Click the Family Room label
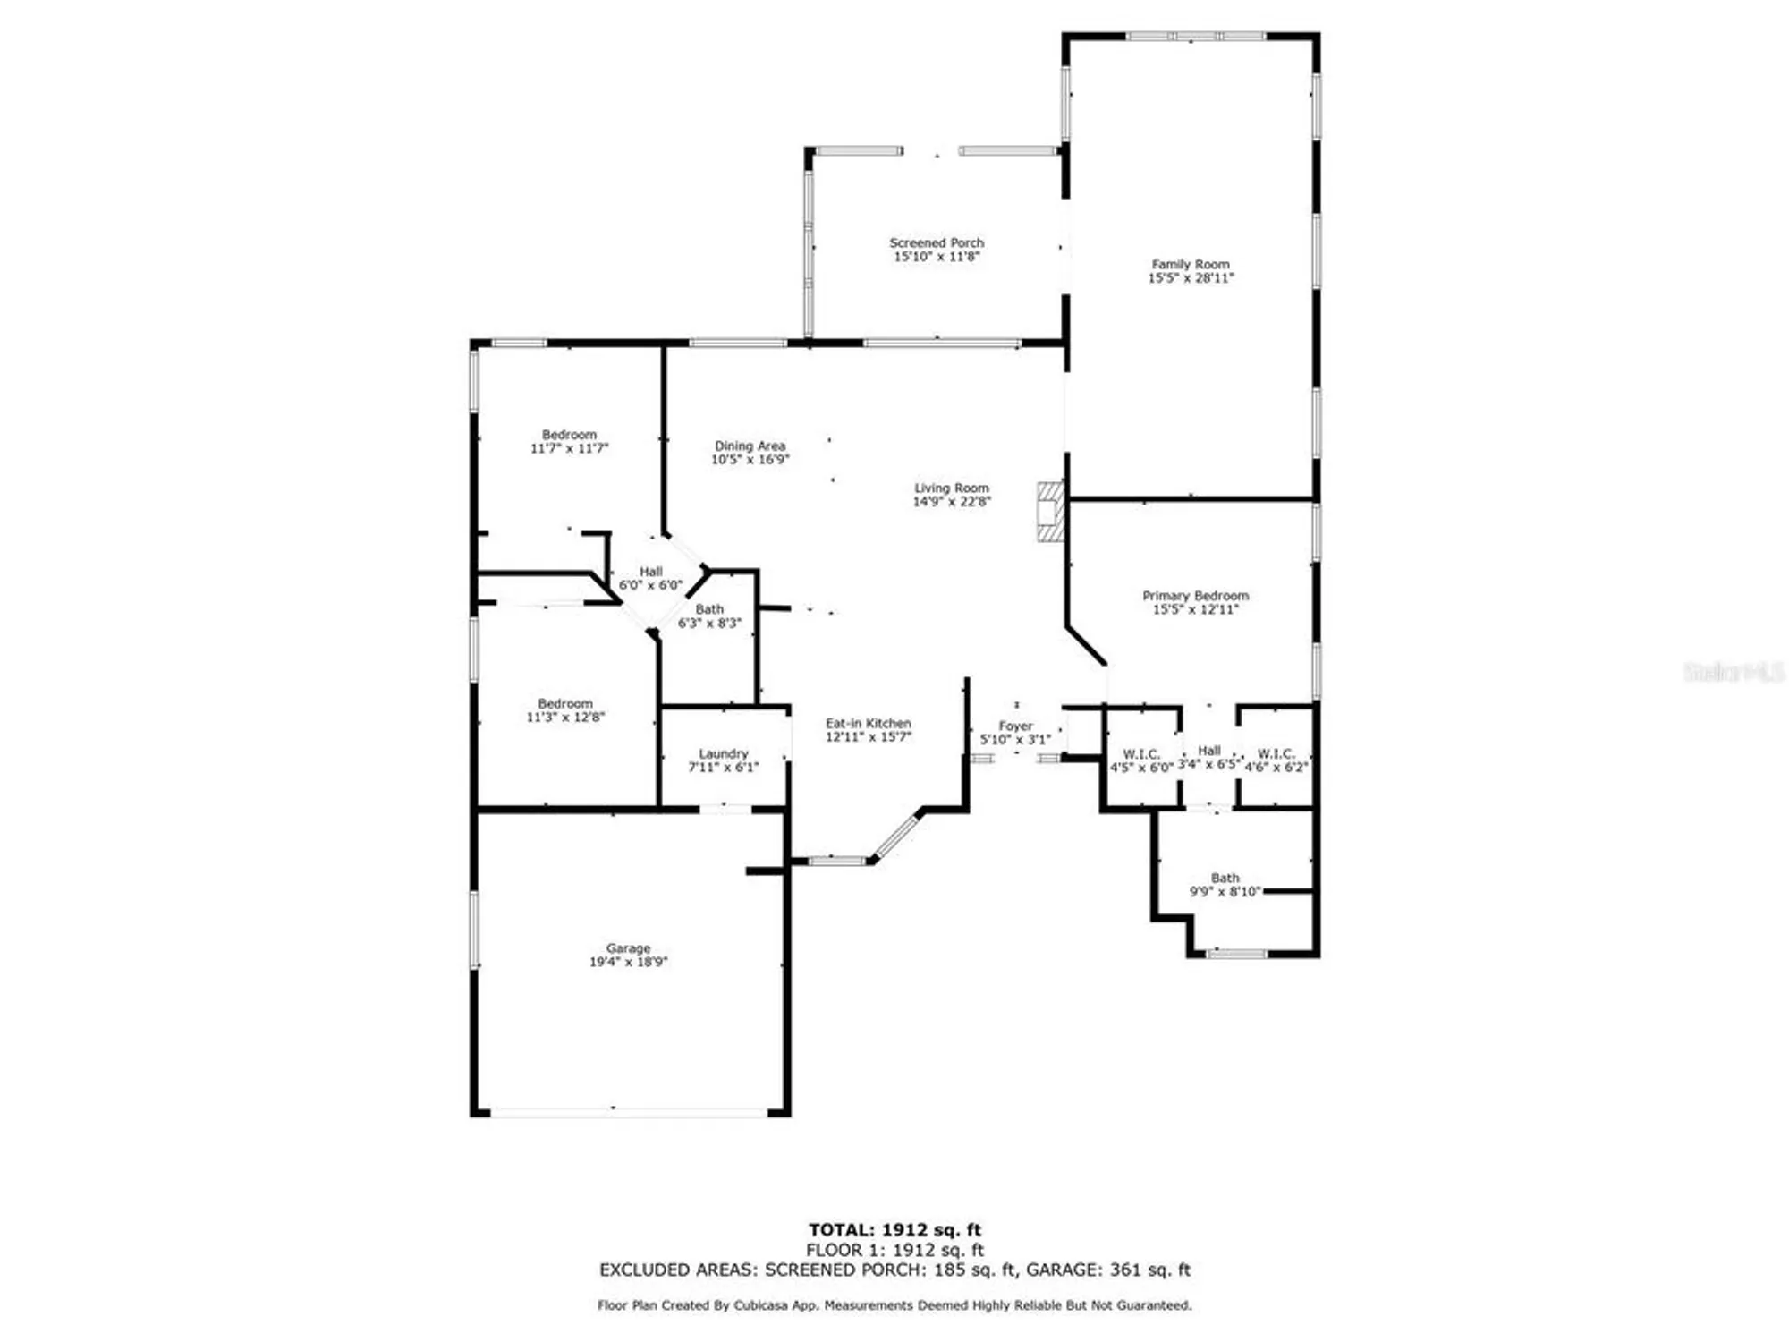click(x=1190, y=264)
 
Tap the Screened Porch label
click(x=936, y=242)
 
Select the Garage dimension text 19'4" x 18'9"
click(x=628, y=962)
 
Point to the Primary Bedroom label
click(x=1195, y=596)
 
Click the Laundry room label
click(x=723, y=753)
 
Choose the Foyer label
click(x=1015, y=726)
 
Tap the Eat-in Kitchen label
click(x=868, y=723)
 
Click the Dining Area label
click(x=750, y=446)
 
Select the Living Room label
click(x=951, y=488)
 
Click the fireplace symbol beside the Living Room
click(x=1049, y=512)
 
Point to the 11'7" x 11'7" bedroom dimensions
click(x=569, y=448)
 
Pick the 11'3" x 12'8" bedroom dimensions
click(x=565, y=717)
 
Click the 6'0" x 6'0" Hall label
click(x=650, y=572)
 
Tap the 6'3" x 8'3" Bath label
click(x=709, y=609)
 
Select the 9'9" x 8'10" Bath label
click(x=1225, y=879)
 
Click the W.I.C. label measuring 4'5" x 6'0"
click(x=1141, y=754)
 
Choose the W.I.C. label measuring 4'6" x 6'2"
click(x=1276, y=753)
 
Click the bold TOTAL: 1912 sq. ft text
click(x=894, y=1230)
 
